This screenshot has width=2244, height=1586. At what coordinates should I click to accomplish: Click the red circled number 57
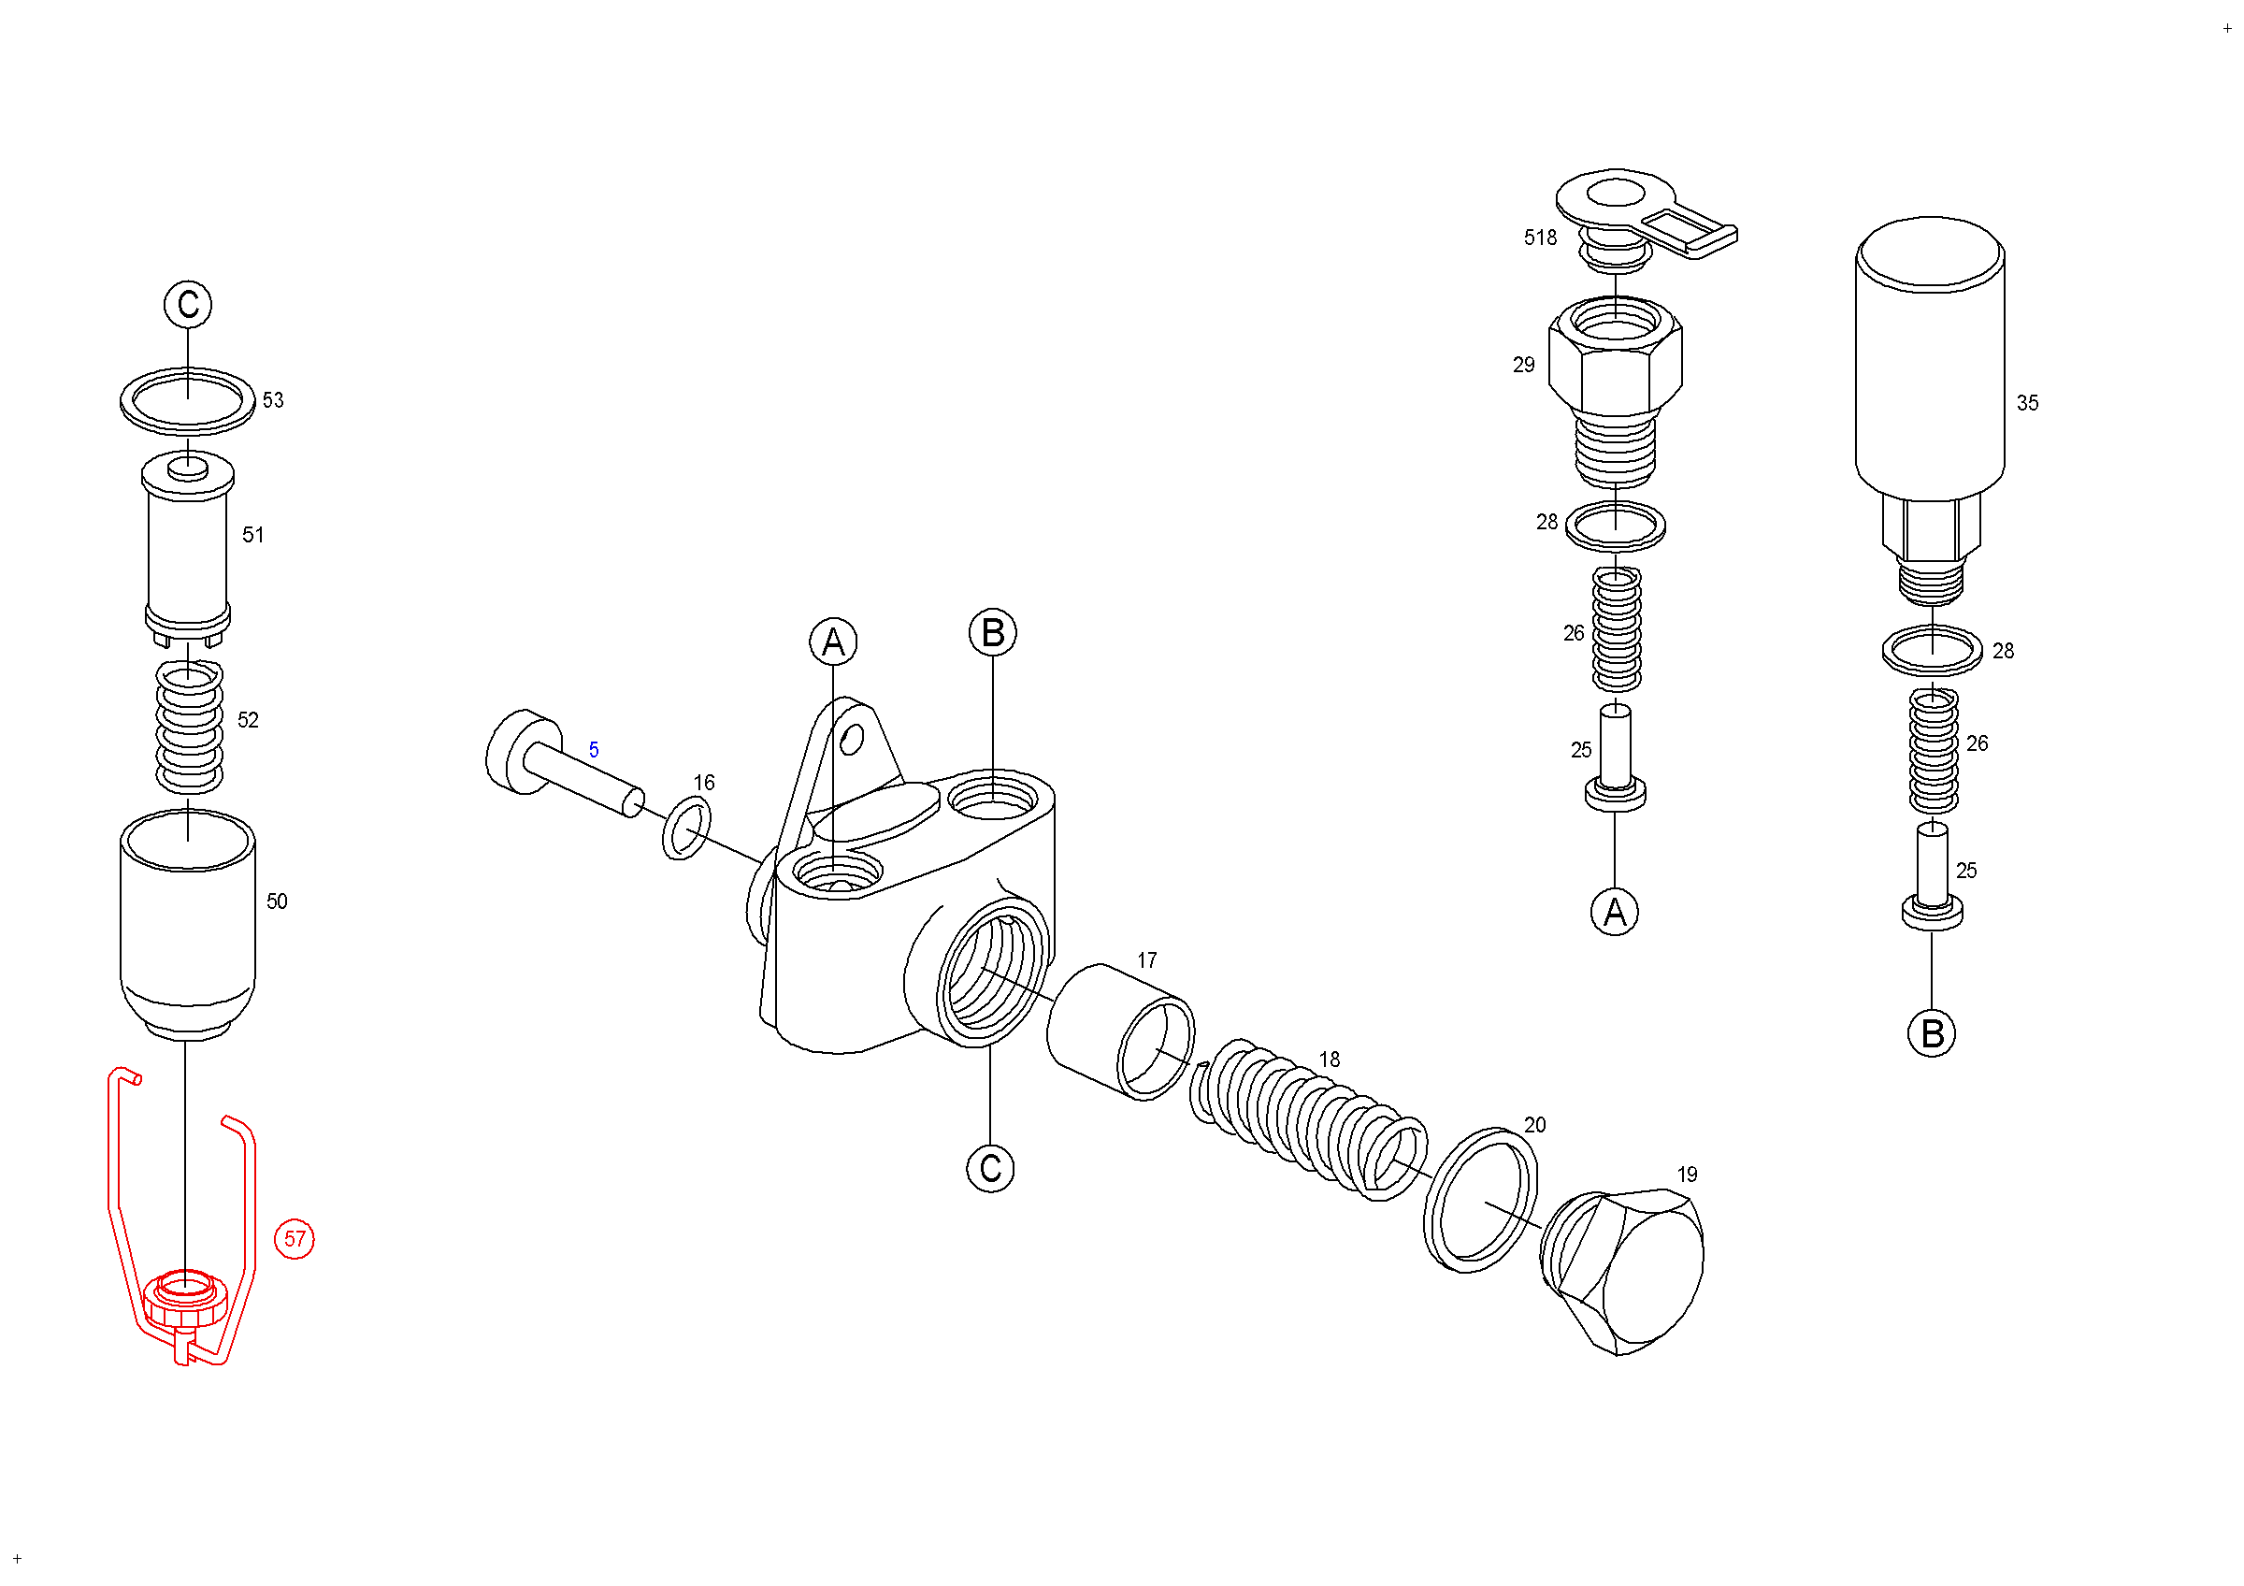[295, 1239]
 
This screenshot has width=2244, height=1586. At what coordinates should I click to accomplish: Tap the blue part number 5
[593, 749]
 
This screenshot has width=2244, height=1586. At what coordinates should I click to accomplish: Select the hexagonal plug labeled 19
[1628, 1272]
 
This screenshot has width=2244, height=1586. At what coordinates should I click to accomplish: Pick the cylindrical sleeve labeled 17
[1120, 1031]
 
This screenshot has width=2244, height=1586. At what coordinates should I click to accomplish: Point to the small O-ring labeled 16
[686, 828]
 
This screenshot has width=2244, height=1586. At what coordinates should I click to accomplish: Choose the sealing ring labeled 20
[1480, 1199]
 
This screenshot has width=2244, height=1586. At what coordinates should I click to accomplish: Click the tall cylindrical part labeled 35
[1929, 362]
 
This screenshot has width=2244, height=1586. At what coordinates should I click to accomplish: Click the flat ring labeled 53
[188, 400]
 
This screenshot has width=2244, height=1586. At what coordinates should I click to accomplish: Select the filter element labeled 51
[188, 547]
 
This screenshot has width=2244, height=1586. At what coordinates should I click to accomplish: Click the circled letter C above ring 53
[188, 304]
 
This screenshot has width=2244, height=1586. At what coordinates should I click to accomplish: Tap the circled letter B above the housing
[992, 633]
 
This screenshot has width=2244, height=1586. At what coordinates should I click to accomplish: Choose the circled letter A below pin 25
[1614, 912]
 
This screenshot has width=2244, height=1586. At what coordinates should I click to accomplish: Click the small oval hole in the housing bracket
[851, 740]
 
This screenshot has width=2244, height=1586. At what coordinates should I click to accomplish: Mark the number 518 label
[1539, 238]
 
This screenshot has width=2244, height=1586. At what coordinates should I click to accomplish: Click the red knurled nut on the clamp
[185, 1300]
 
